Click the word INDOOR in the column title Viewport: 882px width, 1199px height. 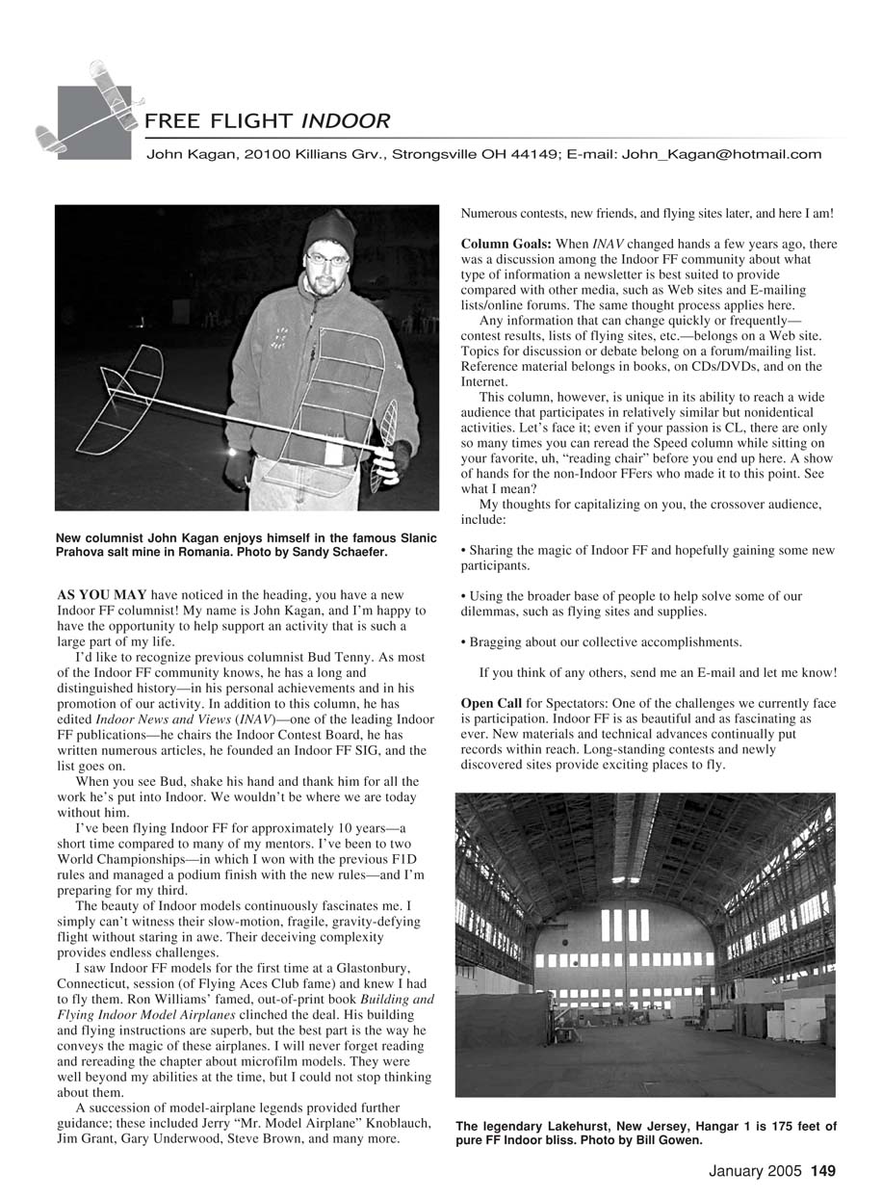tap(346, 122)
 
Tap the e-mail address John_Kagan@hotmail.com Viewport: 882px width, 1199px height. tap(721, 154)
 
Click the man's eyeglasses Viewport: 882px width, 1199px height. tap(327, 258)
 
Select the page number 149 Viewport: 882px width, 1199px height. tap(822, 1172)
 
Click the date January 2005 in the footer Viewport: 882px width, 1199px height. tap(755, 1172)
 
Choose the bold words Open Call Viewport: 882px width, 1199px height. tap(491, 704)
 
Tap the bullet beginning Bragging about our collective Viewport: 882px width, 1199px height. tap(605, 641)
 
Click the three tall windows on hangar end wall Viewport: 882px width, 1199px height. tap(624, 925)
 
